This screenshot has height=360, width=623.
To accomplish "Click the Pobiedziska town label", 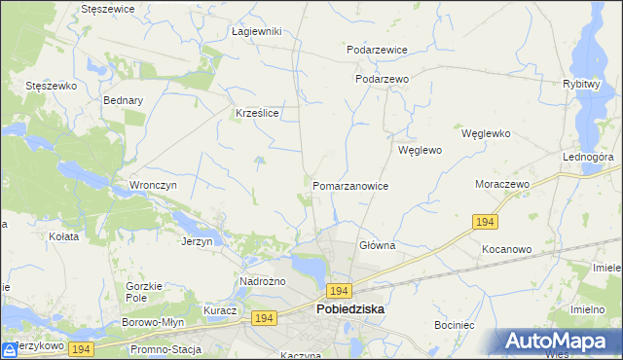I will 350,309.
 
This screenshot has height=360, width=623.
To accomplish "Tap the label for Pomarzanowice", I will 350,186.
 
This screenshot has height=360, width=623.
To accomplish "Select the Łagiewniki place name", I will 256,31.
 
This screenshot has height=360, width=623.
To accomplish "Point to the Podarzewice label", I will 377,50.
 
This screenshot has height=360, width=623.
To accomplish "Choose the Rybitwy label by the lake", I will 580,84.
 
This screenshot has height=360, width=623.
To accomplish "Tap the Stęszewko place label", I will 51,86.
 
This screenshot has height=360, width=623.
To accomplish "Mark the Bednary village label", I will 123,100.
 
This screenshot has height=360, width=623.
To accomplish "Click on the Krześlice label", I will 258,113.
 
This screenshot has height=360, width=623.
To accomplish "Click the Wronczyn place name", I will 151,184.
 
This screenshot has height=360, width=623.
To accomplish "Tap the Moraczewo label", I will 500,184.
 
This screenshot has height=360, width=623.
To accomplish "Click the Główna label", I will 377,246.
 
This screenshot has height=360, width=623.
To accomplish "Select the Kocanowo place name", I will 506,249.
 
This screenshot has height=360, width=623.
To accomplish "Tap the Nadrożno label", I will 261,282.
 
